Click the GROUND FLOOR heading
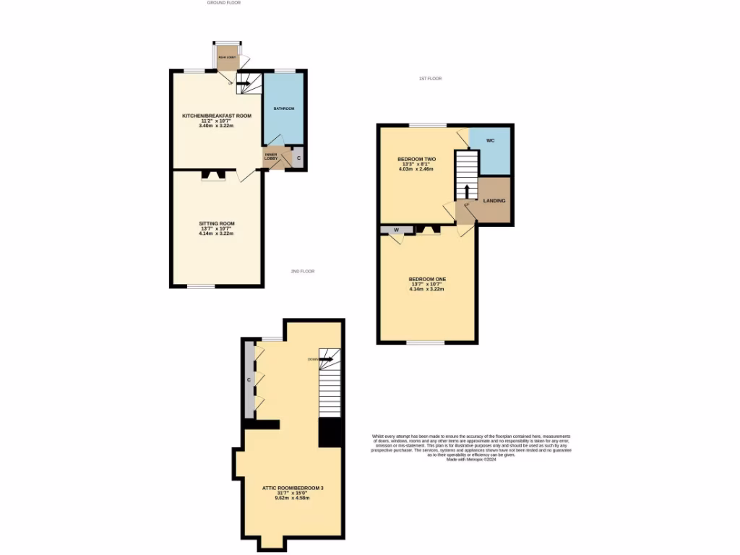(x=223, y=3)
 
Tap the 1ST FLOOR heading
(x=430, y=78)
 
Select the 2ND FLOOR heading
(x=303, y=272)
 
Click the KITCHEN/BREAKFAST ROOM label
(x=216, y=116)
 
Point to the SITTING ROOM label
(x=217, y=223)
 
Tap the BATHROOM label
(x=283, y=108)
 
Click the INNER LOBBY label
(x=271, y=156)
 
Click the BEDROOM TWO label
(x=417, y=159)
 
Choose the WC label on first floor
(x=490, y=140)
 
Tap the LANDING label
(x=494, y=201)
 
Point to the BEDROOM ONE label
(x=427, y=279)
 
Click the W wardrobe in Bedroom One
(x=396, y=231)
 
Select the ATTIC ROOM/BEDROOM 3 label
(x=293, y=489)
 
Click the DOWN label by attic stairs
(x=313, y=359)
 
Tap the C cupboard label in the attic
(x=249, y=379)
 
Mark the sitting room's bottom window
(x=202, y=286)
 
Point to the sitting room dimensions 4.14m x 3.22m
(x=217, y=234)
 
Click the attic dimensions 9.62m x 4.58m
(x=293, y=499)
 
